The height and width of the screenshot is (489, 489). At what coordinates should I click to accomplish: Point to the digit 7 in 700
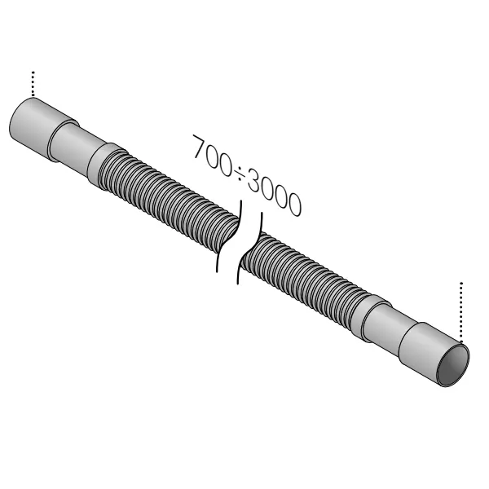[199, 148]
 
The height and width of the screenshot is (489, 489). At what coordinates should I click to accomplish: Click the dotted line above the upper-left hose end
[33, 84]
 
